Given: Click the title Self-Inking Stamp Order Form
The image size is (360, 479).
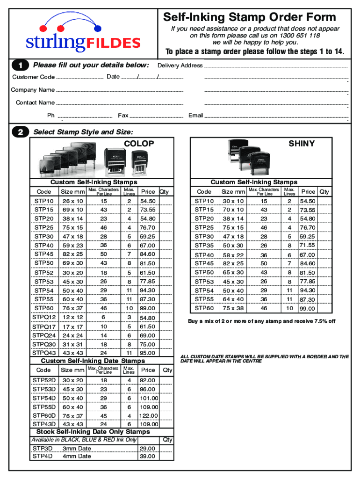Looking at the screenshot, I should pyautogui.click(x=249, y=18).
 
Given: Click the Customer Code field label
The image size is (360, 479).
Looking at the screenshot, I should pyautogui.click(x=33, y=77).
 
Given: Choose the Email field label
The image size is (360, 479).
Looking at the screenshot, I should pyautogui.click(x=195, y=116).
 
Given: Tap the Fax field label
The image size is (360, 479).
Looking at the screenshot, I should pyautogui.click(x=123, y=116).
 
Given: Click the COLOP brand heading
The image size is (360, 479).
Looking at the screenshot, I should pyautogui.click(x=138, y=144).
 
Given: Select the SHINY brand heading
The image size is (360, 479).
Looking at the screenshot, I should pyautogui.click(x=302, y=144).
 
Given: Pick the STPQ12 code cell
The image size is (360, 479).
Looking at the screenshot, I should pyautogui.click(x=44, y=318).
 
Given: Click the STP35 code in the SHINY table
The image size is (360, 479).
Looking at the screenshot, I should pyautogui.click(x=204, y=245).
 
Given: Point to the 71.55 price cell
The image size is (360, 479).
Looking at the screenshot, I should pyautogui.click(x=307, y=245).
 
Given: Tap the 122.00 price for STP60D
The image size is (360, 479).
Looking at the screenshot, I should pyautogui.click(x=148, y=415).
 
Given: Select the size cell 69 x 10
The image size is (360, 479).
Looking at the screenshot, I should pyautogui.click(x=72, y=210).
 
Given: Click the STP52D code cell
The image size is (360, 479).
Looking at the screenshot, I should pyautogui.click(x=44, y=380).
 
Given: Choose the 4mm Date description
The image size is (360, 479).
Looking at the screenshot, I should pyautogui.click(x=77, y=456).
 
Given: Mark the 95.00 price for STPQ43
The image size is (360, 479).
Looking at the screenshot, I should pyautogui.click(x=148, y=353).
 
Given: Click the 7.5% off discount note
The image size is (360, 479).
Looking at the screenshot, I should pyautogui.click(x=261, y=321).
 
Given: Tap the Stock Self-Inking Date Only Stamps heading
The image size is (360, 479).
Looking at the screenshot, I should pyautogui.click(x=93, y=432).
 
